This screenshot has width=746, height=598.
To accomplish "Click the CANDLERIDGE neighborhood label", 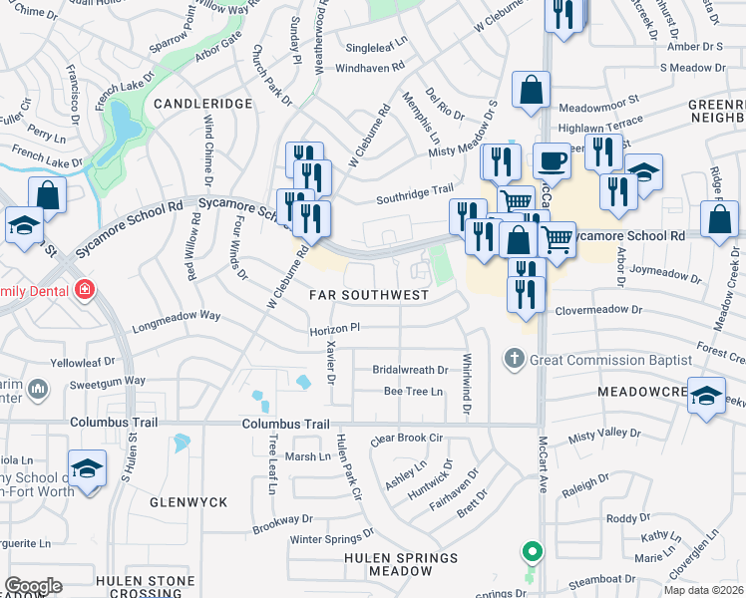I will (x=204, y=104).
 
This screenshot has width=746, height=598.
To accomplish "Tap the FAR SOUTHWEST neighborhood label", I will (x=369, y=295).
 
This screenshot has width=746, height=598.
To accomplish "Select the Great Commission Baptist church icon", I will (x=514, y=358).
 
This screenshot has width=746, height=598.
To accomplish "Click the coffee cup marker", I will (x=551, y=160).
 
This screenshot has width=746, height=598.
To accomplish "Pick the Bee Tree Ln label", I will (x=413, y=392).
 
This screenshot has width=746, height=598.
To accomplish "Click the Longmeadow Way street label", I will (x=177, y=316).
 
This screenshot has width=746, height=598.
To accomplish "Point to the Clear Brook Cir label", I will (x=405, y=438).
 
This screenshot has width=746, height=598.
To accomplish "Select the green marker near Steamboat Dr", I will (x=533, y=551).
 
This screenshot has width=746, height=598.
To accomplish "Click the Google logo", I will (x=34, y=585).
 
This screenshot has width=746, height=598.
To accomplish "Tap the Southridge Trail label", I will (x=414, y=199).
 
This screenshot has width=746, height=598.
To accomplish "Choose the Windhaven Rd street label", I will (x=369, y=68).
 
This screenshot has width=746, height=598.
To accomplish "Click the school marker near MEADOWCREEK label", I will (x=705, y=396).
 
